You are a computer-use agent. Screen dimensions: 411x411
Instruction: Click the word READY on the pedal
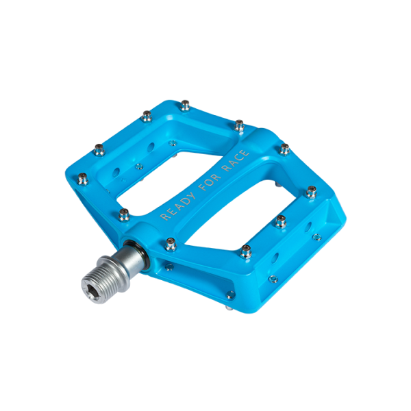(x=177, y=206)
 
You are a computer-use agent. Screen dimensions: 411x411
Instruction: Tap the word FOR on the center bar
(x=210, y=182)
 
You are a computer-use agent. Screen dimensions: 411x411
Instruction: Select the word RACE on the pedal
(x=236, y=160)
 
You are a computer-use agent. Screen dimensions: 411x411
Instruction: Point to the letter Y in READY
(x=191, y=196)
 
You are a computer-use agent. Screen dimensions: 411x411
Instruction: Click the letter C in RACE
(x=239, y=158)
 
